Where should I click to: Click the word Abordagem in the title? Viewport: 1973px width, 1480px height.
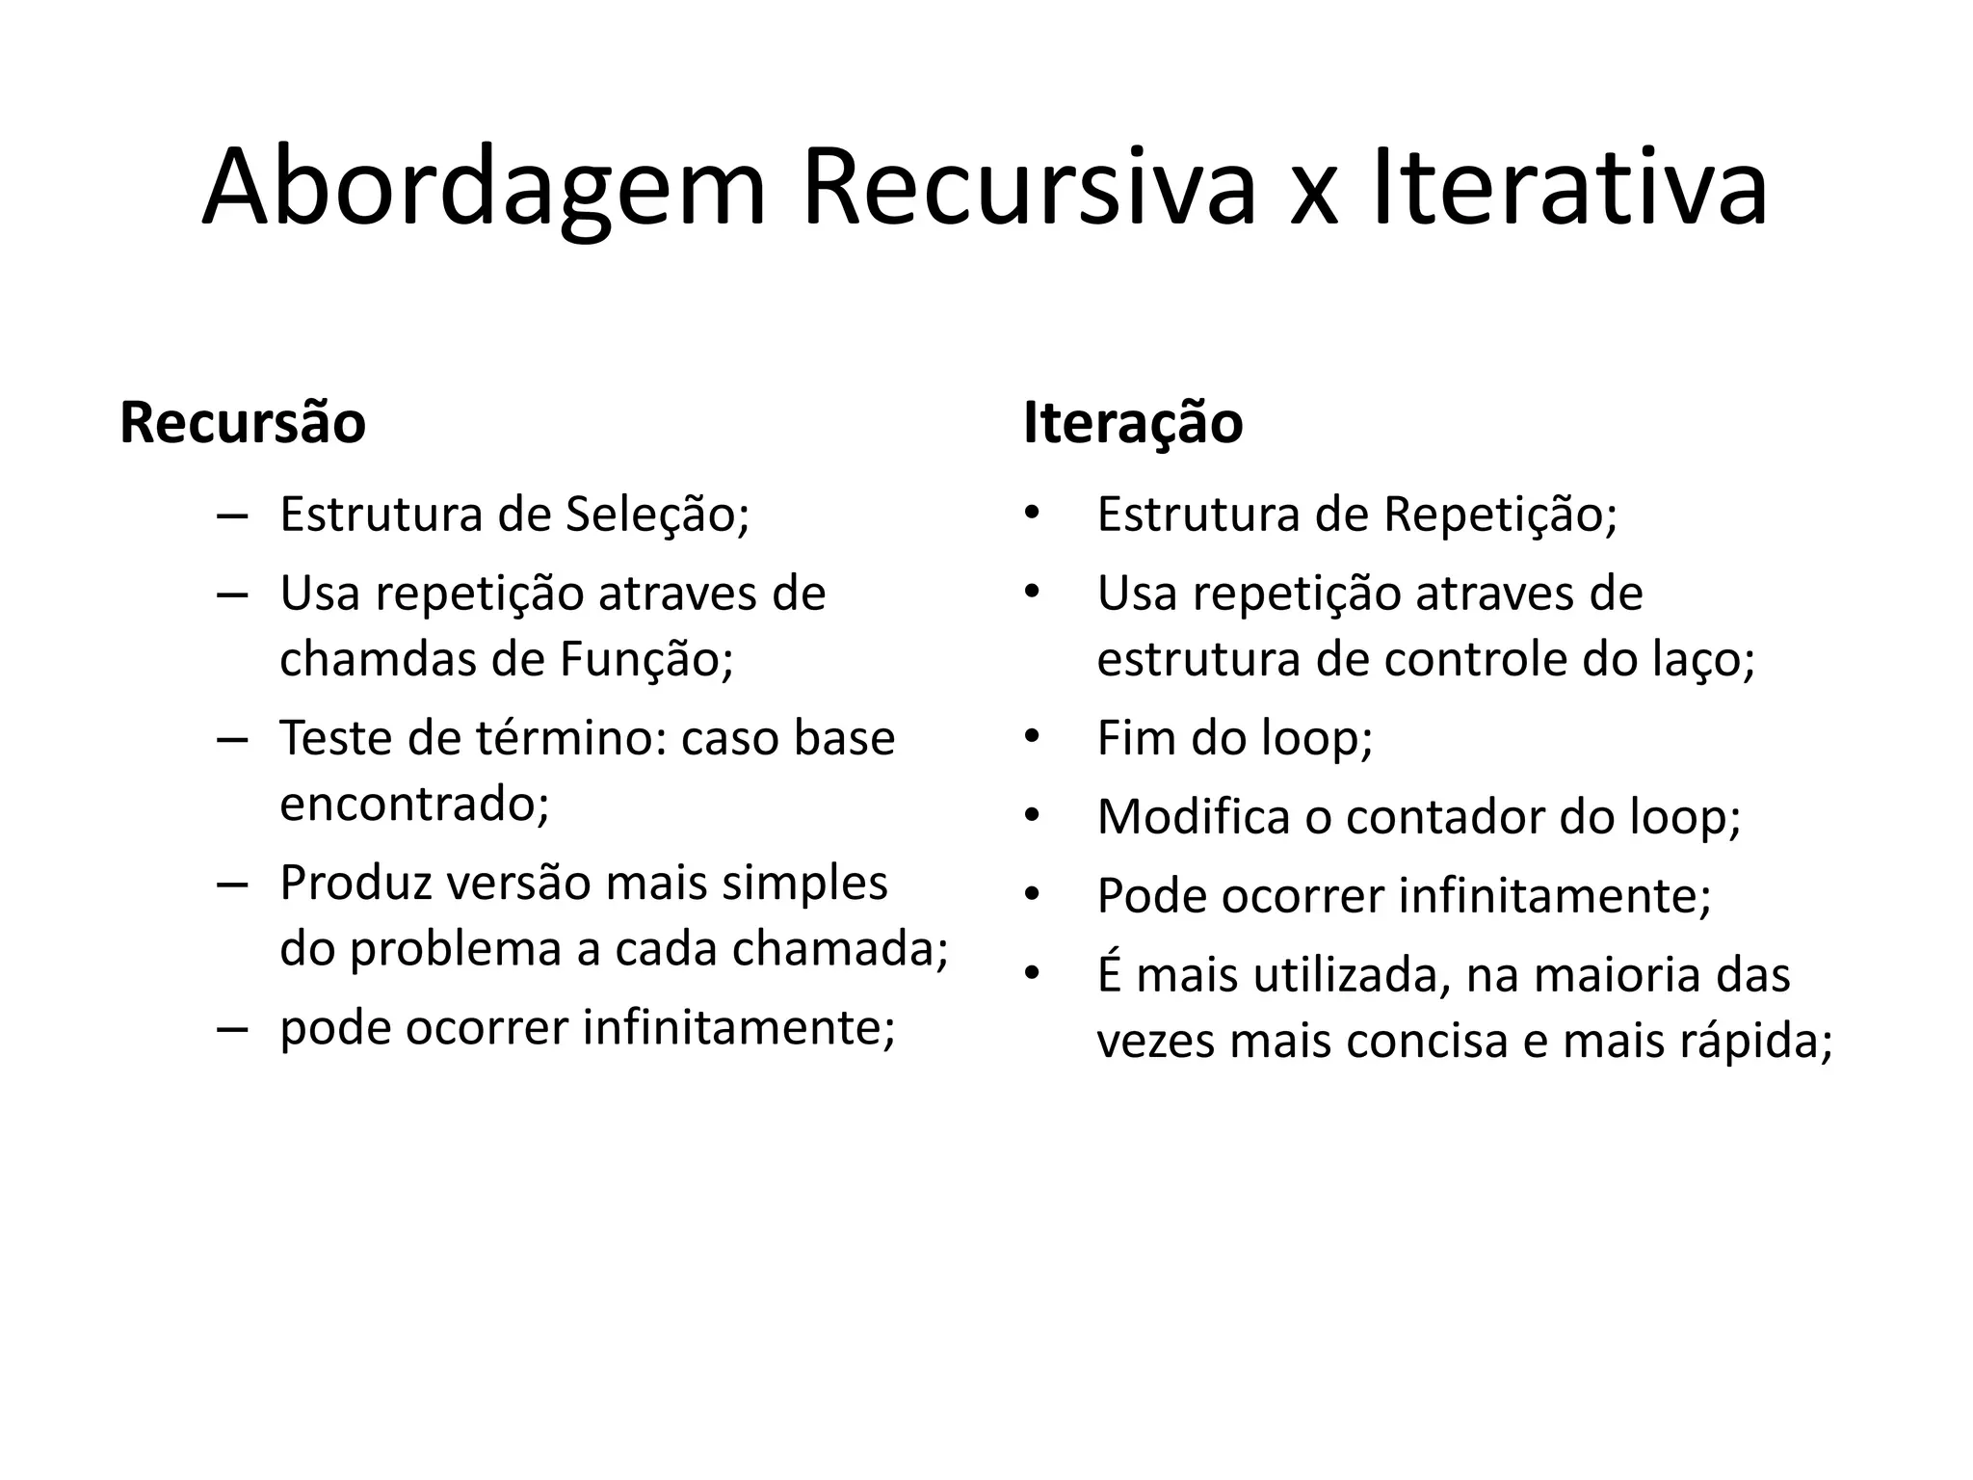[484, 189]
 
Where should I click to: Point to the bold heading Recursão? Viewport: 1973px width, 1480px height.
[243, 423]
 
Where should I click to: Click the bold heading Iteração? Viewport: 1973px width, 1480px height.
[1133, 423]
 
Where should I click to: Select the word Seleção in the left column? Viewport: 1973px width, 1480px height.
[656, 515]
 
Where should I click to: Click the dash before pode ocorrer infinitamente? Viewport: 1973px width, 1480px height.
[232, 1028]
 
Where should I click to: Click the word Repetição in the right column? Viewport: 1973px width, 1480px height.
[1500, 515]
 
